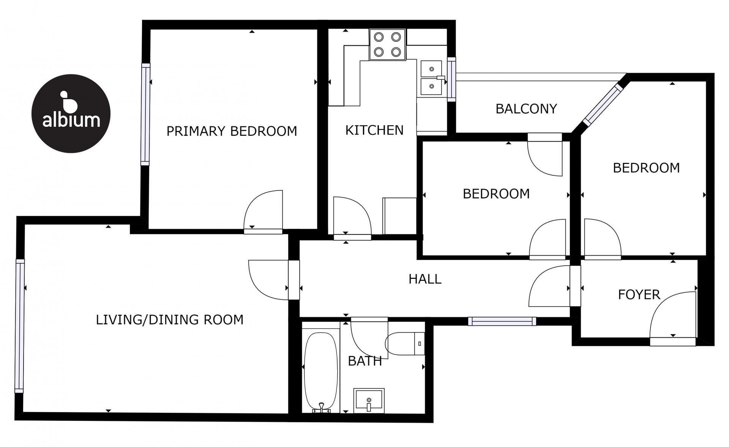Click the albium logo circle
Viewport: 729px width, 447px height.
(71, 113)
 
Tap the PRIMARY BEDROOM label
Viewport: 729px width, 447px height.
(232, 131)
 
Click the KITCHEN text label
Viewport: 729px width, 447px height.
(374, 130)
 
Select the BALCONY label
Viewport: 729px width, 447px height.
(526, 109)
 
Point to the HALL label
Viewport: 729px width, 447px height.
(425, 279)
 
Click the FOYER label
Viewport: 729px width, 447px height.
(639, 294)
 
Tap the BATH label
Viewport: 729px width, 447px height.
(365, 361)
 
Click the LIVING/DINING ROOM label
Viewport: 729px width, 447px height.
(170, 320)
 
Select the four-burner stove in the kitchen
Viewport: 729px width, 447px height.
(387, 44)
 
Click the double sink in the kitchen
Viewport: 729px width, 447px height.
(432, 77)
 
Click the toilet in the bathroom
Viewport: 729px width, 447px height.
(405, 343)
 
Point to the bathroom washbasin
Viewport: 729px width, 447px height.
(369, 400)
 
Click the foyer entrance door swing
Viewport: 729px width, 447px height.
(673, 316)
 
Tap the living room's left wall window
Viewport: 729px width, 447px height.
(20, 326)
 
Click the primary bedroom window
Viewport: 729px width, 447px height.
(145, 114)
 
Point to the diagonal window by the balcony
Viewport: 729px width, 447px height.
(603, 105)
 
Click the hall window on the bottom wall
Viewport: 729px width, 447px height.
(502, 321)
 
